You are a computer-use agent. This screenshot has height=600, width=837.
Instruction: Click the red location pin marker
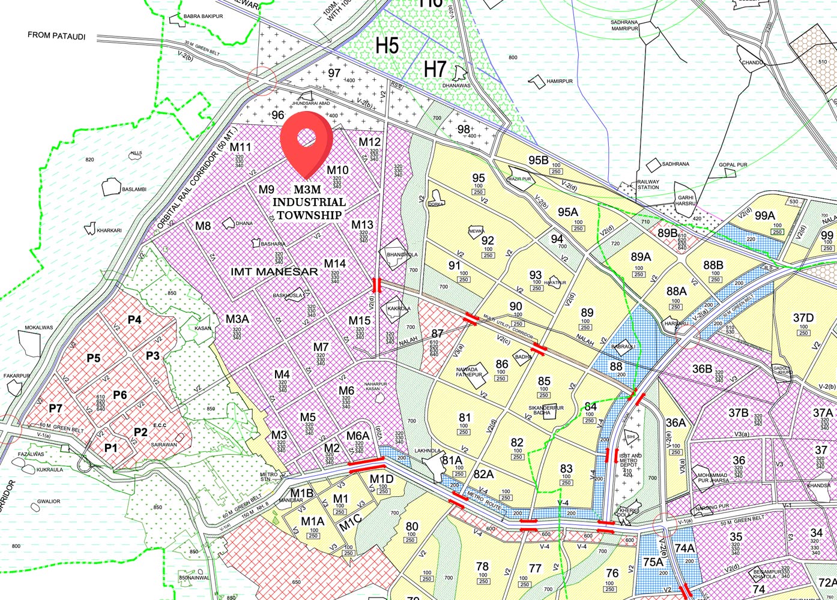pyautogui.click(x=306, y=141)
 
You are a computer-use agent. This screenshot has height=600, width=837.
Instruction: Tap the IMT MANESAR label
pyautogui.click(x=274, y=272)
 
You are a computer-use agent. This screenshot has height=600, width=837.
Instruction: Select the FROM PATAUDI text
pyautogui.click(x=56, y=36)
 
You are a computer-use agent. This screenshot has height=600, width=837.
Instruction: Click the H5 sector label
pyautogui.click(x=387, y=45)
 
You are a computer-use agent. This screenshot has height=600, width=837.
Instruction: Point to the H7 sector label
pyautogui.click(x=435, y=70)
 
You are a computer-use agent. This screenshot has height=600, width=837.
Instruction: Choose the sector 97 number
pyautogui.click(x=334, y=73)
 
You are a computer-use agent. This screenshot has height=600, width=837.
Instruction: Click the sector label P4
pyautogui.click(x=134, y=320)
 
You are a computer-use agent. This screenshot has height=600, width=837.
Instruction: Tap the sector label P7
pyautogui.click(x=55, y=409)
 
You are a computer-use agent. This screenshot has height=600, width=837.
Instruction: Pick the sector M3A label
pyautogui.click(x=237, y=319)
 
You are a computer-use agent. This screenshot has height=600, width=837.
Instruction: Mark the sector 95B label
pyautogui.click(x=539, y=160)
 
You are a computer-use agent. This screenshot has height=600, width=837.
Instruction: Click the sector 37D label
pyautogui.click(x=803, y=318)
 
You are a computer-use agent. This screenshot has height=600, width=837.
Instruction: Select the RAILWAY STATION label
pyautogui.click(x=648, y=184)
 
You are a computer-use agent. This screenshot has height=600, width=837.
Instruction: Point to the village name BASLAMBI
pyautogui.click(x=134, y=190)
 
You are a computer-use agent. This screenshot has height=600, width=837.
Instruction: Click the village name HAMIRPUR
pyautogui.click(x=560, y=81)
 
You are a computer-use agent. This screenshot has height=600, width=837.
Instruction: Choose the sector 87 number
pyautogui.click(x=437, y=334)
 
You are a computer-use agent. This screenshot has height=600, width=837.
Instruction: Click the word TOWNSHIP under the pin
pyautogui.click(x=309, y=215)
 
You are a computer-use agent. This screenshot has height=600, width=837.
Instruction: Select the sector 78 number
pyautogui.click(x=482, y=566)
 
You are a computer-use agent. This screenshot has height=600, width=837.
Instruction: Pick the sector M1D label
pyautogui.click(x=381, y=479)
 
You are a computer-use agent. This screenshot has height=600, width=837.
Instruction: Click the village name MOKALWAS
pyautogui.click(x=39, y=328)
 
